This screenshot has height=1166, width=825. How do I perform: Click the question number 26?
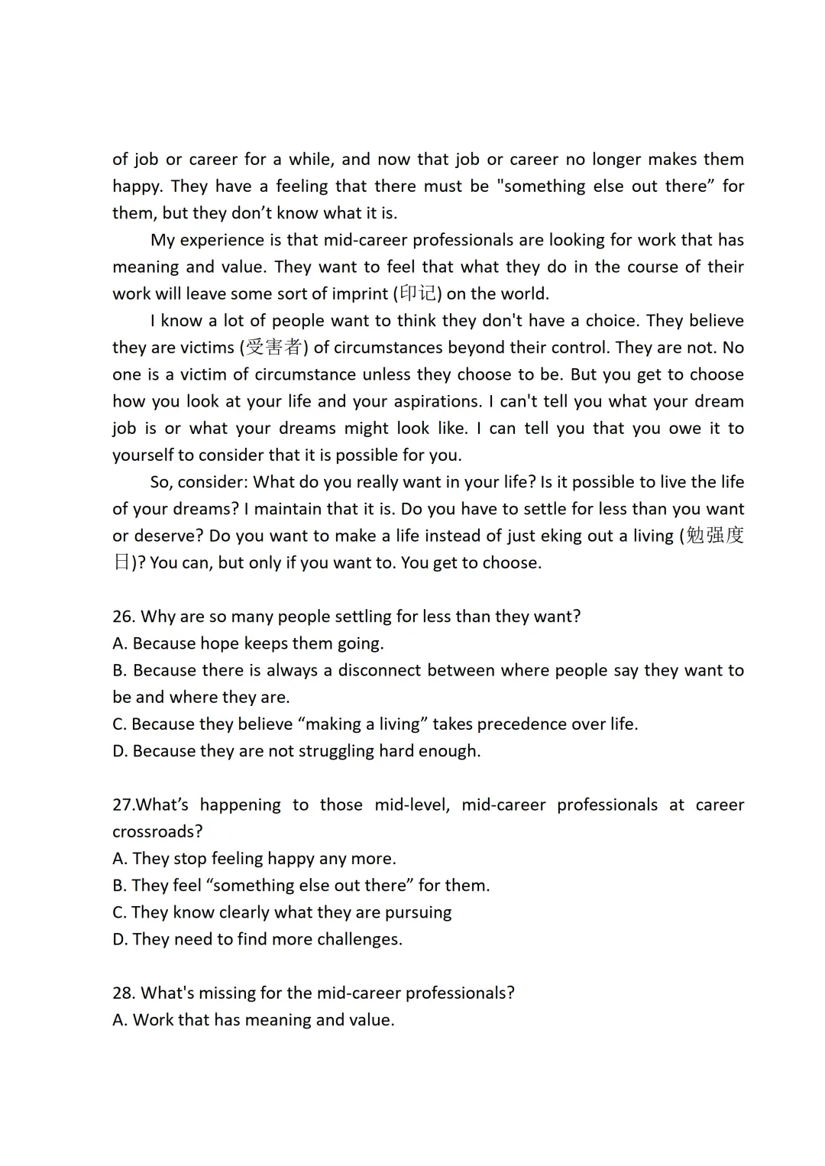tap(122, 617)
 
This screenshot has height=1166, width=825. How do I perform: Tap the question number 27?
tap(122, 805)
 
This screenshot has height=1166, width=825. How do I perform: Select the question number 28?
tap(122, 993)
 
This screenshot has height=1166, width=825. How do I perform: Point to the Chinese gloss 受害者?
tap(274, 348)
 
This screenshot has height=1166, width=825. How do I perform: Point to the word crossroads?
tap(157, 832)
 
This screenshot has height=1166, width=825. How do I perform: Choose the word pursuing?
tap(419, 913)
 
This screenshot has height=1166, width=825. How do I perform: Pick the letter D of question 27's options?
tap(119, 940)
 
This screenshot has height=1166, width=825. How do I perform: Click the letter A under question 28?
tap(119, 1021)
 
